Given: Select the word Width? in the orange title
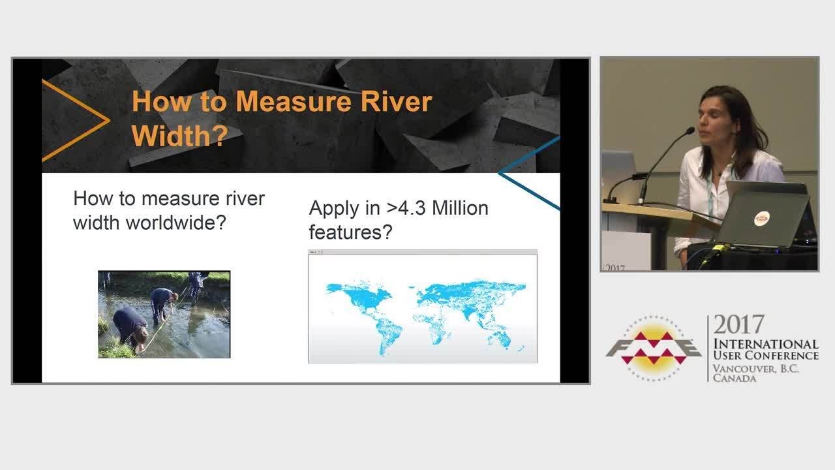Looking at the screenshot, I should [179, 135].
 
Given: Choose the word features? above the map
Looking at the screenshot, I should [350, 232].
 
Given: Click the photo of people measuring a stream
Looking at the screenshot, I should [164, 314].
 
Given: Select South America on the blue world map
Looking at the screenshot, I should [385, 330].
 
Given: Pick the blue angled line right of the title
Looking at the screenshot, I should [530, 173].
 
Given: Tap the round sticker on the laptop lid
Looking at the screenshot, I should [761, 219].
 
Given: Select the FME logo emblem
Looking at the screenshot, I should [653, 349].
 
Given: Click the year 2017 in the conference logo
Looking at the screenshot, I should [738, 325].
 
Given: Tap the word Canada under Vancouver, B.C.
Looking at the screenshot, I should [734, 379].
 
